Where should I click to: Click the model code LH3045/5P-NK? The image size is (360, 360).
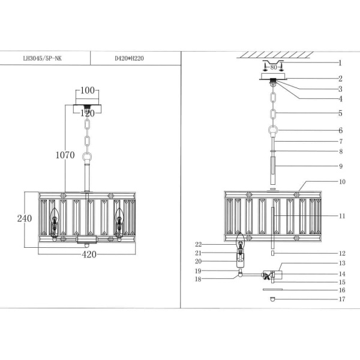41,59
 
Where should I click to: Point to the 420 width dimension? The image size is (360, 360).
89,255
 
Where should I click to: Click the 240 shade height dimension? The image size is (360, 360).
23,219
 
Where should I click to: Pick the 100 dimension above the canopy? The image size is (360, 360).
88,91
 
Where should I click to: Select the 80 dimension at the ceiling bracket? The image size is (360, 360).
274,68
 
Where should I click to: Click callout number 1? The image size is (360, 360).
340,62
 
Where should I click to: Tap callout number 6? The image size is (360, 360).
340,130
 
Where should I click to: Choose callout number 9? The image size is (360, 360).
340,166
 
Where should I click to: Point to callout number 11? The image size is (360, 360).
341,215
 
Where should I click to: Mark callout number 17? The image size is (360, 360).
341,299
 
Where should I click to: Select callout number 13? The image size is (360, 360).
341,263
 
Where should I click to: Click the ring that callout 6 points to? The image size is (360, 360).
274,130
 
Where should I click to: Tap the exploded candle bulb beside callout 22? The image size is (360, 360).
241,242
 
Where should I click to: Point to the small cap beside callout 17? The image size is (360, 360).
273,298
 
